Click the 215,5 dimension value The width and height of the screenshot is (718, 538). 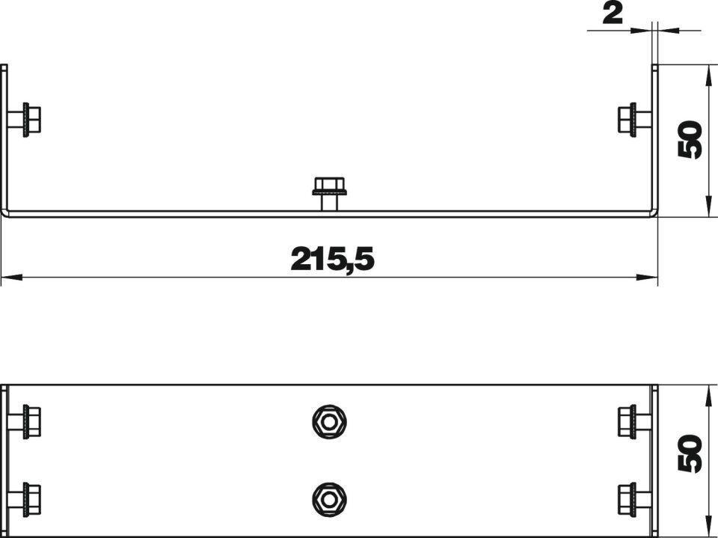click(333, 260)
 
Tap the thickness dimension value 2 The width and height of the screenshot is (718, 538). click(613, 15)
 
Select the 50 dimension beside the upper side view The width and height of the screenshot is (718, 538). click(690, 139)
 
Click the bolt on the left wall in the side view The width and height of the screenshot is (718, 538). click(24, 119)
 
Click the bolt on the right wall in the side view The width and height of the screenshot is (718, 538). click(635, 119)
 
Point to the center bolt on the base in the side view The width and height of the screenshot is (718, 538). click(329, 194)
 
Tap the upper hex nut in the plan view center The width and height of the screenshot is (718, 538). click(329, 422)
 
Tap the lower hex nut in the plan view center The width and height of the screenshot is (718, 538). click(329, 499)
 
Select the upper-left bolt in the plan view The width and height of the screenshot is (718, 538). click(24, 421)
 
